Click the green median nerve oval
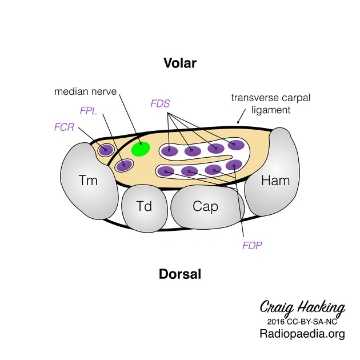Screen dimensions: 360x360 tap(141, 149)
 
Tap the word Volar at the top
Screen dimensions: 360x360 tap(179, 63)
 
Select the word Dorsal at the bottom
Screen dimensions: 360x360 tap(180, 274)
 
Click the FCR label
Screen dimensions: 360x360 tap(65, 127)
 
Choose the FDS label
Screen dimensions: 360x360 tap(160, 103)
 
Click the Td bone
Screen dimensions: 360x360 tap(144, 206)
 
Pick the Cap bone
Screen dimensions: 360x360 tap(205, 206)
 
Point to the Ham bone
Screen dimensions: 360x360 tap(275, 181)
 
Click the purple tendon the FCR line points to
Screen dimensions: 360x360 tap(106, 150)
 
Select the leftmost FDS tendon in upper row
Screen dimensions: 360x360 tap(169, 151)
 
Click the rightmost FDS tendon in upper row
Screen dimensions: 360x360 tap(235, 145)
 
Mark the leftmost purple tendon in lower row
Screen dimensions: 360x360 tap(166, 170)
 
